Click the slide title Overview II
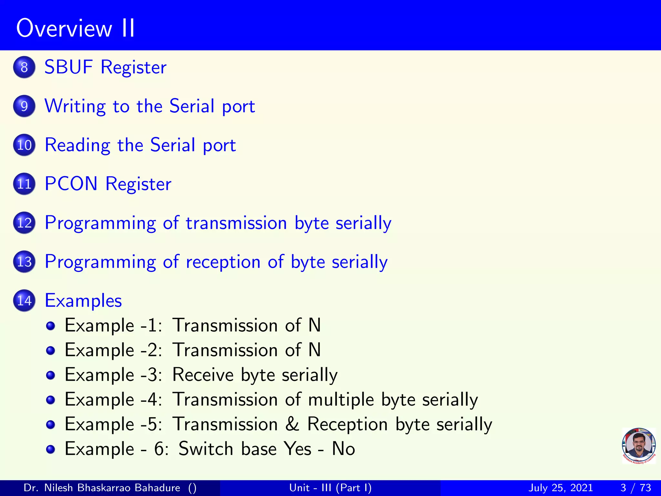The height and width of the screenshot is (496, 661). [x=76, y=28]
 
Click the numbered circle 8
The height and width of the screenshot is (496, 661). [x=24, y=67]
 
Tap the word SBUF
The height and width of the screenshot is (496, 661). [x=68, y=67]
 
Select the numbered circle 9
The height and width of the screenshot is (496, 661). [x=24, y=106]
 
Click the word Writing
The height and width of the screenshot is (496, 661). [x=75, y=106]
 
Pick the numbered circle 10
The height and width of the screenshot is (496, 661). [x=24, y=145]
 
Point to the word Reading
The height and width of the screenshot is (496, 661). [x=77, y=145]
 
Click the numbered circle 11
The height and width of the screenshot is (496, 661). [x=24, y=184]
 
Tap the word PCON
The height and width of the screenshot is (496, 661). [x=71, y=184]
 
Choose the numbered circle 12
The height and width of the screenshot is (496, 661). [x=24, y=223]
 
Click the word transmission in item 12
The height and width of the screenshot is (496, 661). [x=236, y=223]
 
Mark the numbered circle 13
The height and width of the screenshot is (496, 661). [x=24, y=262]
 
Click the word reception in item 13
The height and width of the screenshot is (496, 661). [x=223, y=262]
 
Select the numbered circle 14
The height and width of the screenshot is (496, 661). [x=24, y=301]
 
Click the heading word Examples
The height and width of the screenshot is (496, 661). [x=83, y=301]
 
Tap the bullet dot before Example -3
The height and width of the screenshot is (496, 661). [x=50, y=375]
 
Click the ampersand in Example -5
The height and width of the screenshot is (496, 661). [x=292, y=424]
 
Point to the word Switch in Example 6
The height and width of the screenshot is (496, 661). [x=206, y=449]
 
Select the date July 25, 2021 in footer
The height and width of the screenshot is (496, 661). [x=561, y=488]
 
